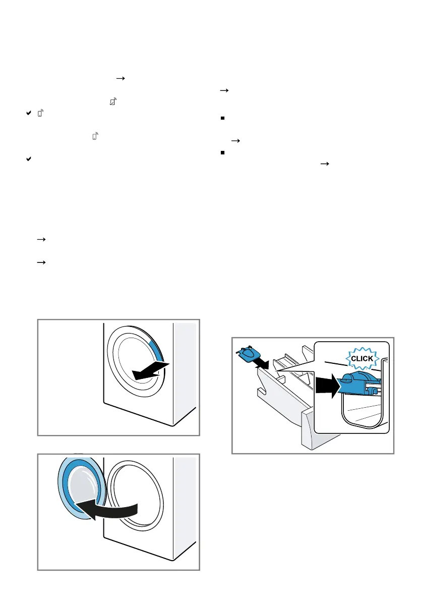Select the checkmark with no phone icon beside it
29,158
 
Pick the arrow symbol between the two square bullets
234,142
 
